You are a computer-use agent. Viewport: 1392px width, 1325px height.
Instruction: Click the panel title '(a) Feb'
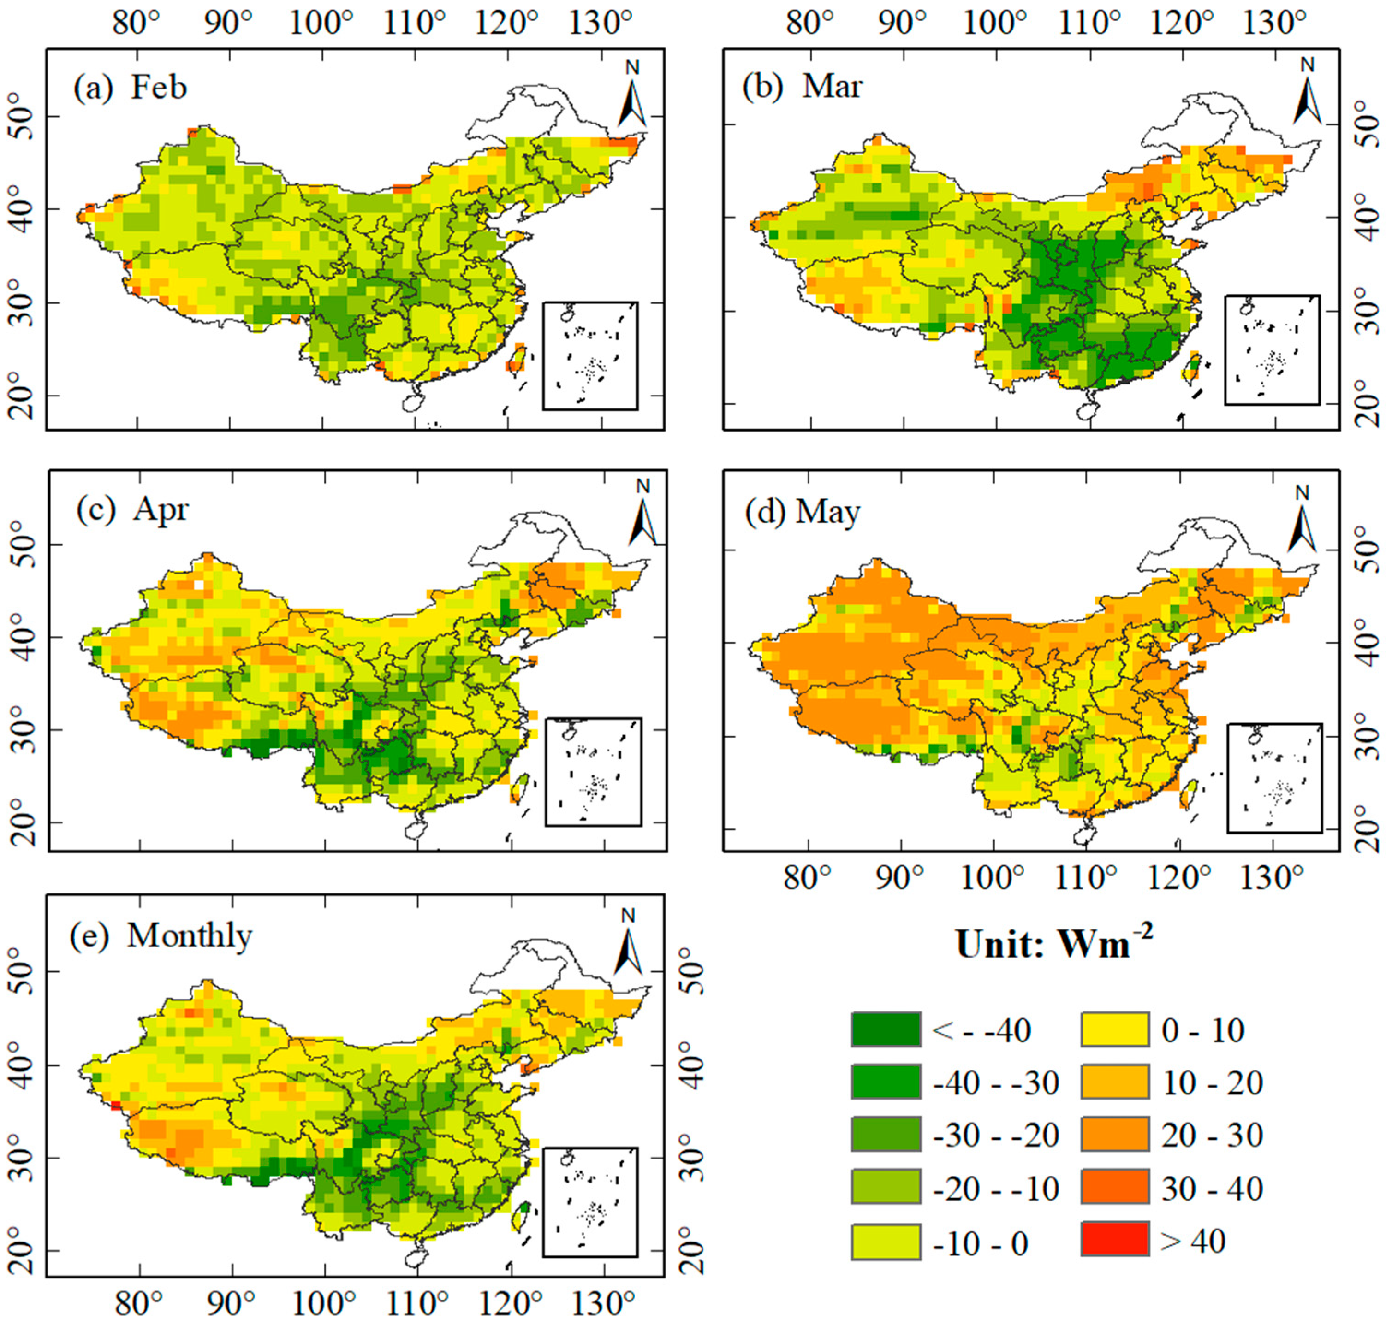coord(130,88)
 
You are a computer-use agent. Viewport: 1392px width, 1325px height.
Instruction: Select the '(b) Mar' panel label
coord(802,86)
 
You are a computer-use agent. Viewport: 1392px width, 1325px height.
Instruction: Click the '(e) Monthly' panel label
coord(161,936)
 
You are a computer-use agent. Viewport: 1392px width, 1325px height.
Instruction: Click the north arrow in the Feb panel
coord(632,99)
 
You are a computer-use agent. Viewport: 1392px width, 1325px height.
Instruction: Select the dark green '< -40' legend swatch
coord(886,1030)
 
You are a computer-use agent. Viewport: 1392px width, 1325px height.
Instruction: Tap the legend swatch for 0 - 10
coord(1114,1030)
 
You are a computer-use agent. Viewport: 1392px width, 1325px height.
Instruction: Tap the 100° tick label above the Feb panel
coord(321,24)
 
